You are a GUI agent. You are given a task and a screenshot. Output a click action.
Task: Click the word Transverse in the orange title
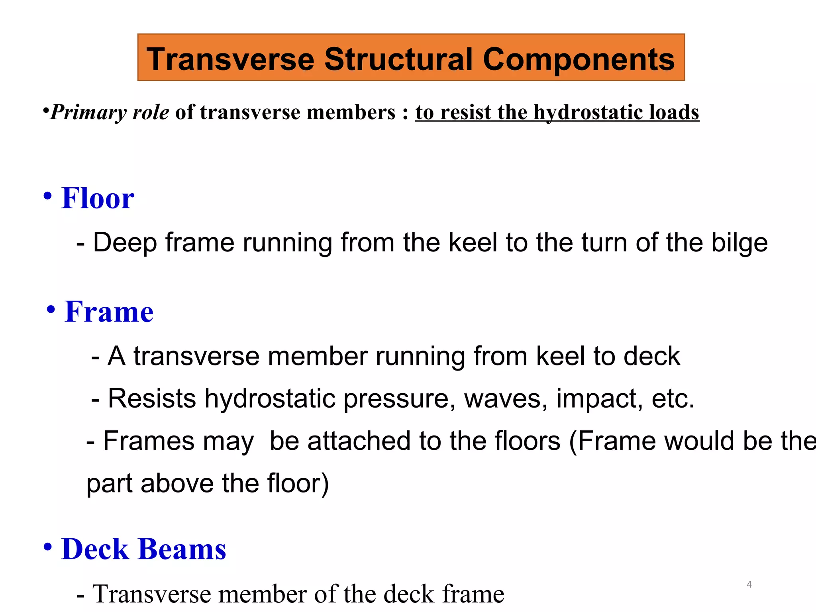point(230,59)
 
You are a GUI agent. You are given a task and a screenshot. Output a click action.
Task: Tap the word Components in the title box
point(579,59)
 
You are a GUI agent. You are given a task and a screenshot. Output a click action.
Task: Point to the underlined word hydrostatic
point(588,112)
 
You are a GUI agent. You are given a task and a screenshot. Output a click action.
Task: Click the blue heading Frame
point(109,312)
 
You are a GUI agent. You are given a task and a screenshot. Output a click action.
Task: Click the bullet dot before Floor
point(48,196)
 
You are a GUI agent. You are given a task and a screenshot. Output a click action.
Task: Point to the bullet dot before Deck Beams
point(48,547)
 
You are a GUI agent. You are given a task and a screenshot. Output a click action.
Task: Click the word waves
point(506,398)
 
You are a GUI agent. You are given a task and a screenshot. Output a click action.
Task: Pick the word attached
point(359,441)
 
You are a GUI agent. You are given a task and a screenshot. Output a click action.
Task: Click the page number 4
point(749,585)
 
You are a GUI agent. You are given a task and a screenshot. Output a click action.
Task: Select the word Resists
point(152,398)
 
